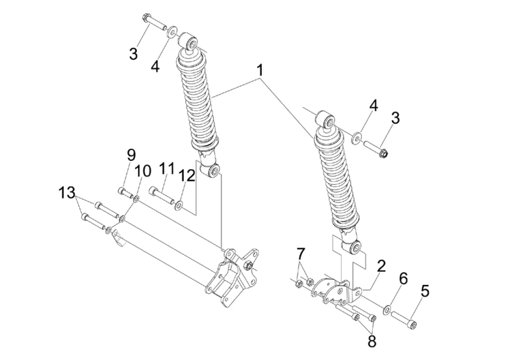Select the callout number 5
(425, 291)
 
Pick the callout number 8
(372, 342)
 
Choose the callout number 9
(131, 155)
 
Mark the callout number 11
(166, 168)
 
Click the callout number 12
(187, 175)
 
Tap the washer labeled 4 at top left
(172, 33)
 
